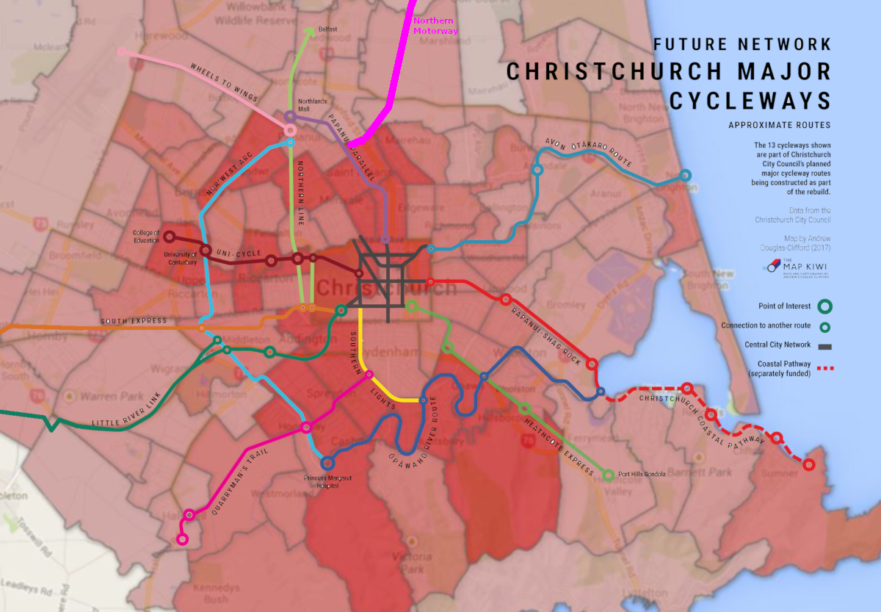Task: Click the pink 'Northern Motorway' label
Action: [x=435, y=26]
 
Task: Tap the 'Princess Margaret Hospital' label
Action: [x=328, y=482]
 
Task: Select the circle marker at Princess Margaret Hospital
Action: [x=327, y=463]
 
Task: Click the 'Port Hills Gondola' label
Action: [x=642, y=475]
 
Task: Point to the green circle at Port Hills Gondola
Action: [x=608, y=475]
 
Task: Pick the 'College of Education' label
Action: [x=146, y=237]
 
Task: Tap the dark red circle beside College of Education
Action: [x=169, y=237]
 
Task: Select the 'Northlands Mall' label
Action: [x=309, y=104]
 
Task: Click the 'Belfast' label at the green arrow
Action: [x=327, y=29]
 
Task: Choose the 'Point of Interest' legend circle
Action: [x=825, y=306]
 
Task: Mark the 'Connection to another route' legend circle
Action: [x=825, y=326]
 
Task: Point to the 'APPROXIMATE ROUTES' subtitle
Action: [x=780, y=126]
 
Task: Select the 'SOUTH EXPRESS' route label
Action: [x=134, y=321]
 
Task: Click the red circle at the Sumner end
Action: [x=809, y=464]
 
